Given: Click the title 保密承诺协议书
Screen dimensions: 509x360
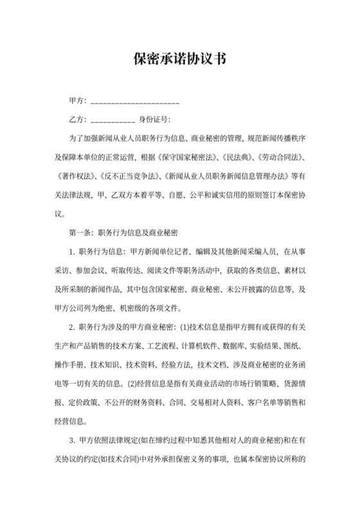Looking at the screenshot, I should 179,58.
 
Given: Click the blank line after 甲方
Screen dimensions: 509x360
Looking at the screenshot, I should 134,103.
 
